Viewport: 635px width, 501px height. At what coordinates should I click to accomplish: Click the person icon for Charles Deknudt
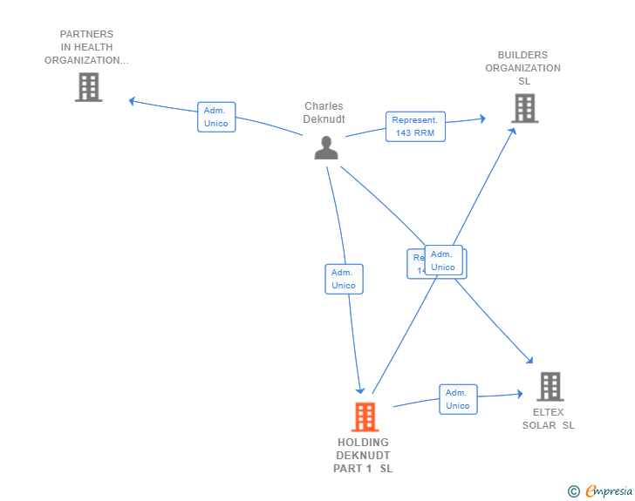(x=326, y=147)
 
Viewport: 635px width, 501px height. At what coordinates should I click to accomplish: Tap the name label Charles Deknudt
(x=324, y=112)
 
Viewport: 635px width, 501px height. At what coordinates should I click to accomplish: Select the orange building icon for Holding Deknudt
(x=365, y=416)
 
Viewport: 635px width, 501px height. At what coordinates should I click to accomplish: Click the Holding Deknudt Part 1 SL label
(x=364, y=455)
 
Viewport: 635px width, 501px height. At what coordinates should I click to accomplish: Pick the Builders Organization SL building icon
(x=524, y=108)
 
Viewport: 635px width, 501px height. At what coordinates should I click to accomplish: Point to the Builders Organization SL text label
(x=523, y=68)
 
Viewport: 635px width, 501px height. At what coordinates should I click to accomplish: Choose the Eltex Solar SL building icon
(x=550, y=386)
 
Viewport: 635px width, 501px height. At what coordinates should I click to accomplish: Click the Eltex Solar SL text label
(x=549, y=418)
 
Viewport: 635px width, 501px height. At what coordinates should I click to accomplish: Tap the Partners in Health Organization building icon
(x=89, y=87)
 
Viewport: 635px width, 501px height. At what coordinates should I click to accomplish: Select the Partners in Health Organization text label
(x=87, y=47)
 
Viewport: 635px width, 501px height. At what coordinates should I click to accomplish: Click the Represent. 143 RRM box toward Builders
(x=415, y=126)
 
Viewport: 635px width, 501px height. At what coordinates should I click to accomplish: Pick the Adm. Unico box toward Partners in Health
(x=215, y=117)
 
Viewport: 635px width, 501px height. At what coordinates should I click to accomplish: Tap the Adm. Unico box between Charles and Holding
(x=344, y=279)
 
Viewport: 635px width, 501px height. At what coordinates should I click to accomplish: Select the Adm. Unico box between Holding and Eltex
(x=458, y=399)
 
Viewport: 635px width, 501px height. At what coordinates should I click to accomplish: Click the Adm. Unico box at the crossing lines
(x=443, y=261)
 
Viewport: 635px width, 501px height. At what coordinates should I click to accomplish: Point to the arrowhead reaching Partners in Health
(x=133, y=101)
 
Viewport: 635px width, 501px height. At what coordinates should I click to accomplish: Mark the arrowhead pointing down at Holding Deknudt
(x=359, y=390)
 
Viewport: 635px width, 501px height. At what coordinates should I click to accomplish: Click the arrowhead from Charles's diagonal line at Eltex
(x=529, y=359)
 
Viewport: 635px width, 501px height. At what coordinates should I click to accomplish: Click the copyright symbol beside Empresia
(x=574, y=491)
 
